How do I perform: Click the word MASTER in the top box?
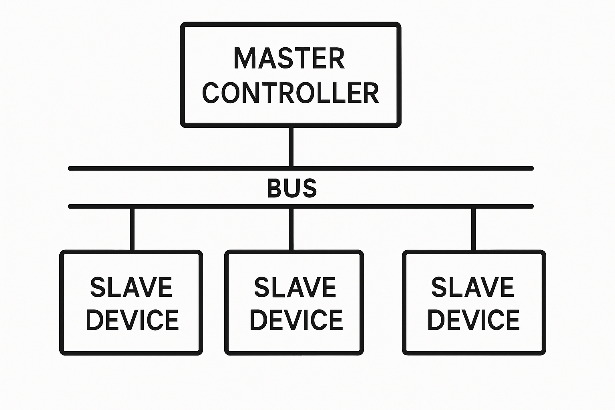(289, 59)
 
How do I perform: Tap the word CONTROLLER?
(291, 93)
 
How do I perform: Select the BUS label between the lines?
(291, 188)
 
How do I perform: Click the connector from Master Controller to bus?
(291, 147)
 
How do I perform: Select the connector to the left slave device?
(132, 228)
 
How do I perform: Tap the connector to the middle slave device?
(291, 228)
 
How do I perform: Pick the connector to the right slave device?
(474, 228)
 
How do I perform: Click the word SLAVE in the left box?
(131, 287)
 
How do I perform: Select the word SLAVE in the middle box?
(295, 287)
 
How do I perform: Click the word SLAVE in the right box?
(472, 287)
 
